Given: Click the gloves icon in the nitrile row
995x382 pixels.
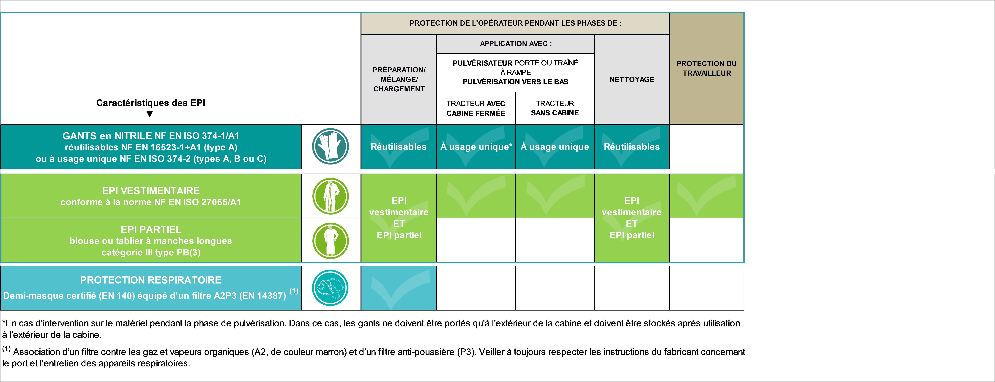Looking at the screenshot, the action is pos(330,146).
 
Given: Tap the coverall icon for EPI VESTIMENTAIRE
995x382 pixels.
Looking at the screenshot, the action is pos(330,196).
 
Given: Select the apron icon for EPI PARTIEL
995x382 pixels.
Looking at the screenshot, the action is pos(330,241).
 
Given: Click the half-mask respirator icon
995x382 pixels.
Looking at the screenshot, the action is pos(330,288).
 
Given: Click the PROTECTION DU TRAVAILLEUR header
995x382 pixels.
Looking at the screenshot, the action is pos(706,68).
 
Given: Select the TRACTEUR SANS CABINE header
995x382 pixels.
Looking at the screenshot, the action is pos(555,108).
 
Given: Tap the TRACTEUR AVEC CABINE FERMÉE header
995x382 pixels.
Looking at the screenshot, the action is pos(476,108).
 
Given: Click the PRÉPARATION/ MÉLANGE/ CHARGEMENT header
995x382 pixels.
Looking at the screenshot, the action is pos(399,79).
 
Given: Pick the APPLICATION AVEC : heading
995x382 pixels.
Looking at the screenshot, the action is pos(516,44).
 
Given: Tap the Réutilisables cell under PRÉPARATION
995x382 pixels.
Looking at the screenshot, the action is pos(399,147).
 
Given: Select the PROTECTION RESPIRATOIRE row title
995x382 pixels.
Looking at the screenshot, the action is pos(151,280).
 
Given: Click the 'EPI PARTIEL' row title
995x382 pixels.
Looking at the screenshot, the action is pos(151,229).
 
